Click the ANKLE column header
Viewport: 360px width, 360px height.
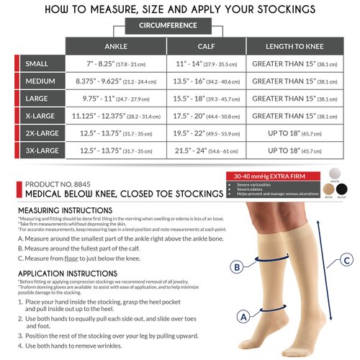click(116, 46)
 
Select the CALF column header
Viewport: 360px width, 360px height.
click(207, 46)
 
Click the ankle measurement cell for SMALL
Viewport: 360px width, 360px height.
click(116, 64)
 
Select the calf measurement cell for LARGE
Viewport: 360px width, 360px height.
click(207, 99)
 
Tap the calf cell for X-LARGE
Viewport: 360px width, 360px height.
click(207, 116)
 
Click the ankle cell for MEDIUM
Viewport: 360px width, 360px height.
click(116, 81)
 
